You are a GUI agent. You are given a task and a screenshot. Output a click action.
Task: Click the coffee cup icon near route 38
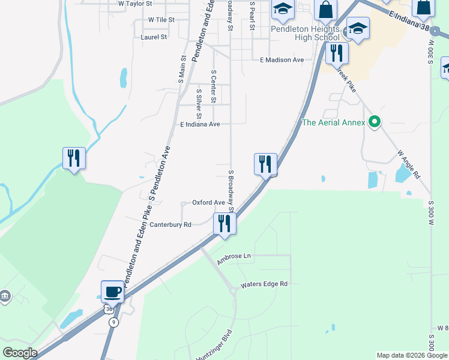point(112,292)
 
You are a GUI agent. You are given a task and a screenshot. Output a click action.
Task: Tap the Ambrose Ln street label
point(234,256)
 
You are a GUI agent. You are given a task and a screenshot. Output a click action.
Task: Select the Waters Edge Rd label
point(264,284)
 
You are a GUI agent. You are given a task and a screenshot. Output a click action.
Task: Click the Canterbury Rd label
point(170,224)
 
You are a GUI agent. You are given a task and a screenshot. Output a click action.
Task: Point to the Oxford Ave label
point(208,203)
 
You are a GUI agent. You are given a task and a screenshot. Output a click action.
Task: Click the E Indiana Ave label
point(200,124)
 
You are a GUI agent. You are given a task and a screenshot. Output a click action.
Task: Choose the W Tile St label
point(161,20)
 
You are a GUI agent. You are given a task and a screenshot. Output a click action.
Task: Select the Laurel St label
point(153,37)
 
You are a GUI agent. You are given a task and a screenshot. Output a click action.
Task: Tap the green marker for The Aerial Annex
point(375,122)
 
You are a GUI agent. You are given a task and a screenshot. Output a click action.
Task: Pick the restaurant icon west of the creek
point(74,158)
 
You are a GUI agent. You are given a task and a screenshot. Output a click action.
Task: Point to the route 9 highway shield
point(113,322)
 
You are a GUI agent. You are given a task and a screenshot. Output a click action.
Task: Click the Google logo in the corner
point(20,353)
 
